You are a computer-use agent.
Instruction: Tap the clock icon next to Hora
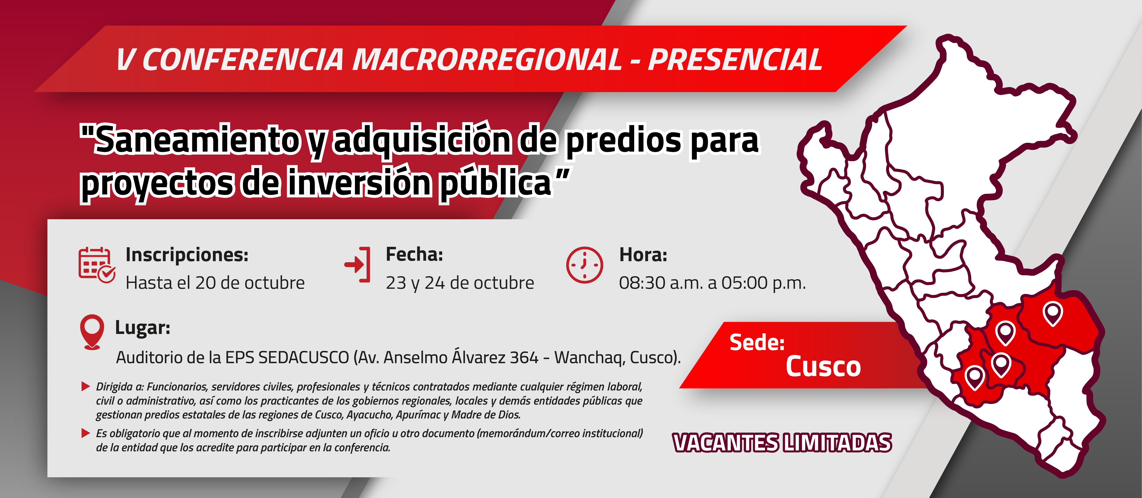(x=584, y=265)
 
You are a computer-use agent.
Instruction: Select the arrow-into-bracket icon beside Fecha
(x=357, y=264)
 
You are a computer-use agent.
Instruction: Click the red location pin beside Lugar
(x=92, y=331)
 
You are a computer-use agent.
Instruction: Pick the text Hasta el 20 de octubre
(x=215, y=283)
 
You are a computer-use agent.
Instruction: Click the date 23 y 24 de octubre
(x=460, y=283)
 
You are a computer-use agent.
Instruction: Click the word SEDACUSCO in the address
(x=304, y=357)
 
